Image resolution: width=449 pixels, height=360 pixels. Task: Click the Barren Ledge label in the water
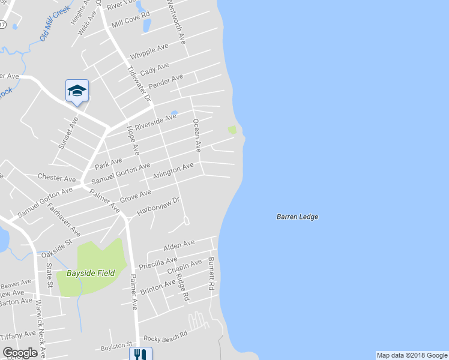coord(297,217)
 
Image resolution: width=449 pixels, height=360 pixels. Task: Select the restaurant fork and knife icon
coord(140,355)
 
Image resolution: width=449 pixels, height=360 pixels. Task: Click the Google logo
coord(20,353)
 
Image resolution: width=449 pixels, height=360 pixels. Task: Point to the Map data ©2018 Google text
coord(412,355)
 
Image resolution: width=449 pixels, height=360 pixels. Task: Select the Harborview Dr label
coord(158,206)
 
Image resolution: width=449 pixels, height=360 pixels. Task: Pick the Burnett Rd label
coord(211,274)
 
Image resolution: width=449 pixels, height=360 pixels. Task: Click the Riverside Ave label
coord(155,122)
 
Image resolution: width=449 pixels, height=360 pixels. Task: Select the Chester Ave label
coord(57,178)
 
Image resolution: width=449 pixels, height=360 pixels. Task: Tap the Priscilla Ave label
coord(158,264)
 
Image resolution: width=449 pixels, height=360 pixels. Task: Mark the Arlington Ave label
coord(173,170)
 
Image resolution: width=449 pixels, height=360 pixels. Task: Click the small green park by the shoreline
coord(232,130)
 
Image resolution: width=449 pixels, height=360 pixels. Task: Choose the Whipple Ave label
coord(149,50)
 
